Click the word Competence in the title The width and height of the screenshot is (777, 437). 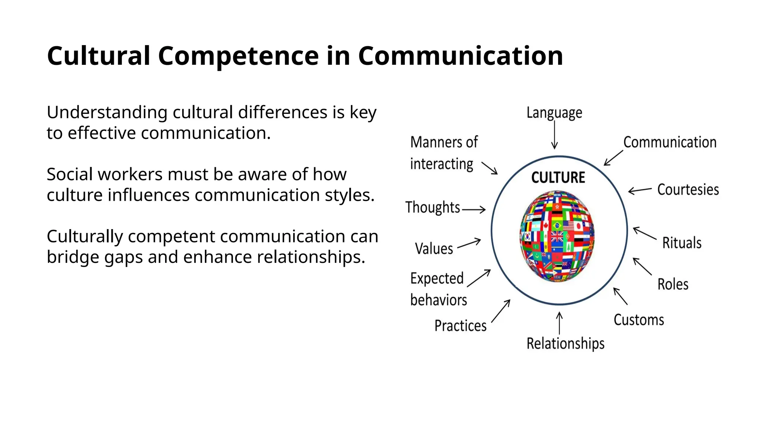coord(238,56)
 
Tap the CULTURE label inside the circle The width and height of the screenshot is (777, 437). coord(558,178)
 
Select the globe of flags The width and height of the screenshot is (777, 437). coord(557,236)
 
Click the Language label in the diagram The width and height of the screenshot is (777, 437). coord(554,113)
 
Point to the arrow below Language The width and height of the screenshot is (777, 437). coord(554,135)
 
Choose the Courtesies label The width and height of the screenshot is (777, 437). coord(688,189)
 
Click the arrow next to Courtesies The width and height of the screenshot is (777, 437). coord(640,190)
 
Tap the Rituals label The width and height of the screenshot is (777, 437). coord(682,243)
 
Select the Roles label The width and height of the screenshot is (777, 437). coord(673,284)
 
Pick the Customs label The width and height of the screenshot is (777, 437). coord(639,320)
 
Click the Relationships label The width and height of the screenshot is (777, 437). coord(565,343)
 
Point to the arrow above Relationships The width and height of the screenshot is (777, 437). coord(559,323)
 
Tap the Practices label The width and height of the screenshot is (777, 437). coord(460,325)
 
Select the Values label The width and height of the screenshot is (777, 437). coord(434,249)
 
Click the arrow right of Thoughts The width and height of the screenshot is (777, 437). coord(474,209)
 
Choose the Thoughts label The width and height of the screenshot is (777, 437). coord(433,207)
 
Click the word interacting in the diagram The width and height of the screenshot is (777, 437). coord(442,164)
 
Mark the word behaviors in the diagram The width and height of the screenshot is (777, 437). coord(439,300)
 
